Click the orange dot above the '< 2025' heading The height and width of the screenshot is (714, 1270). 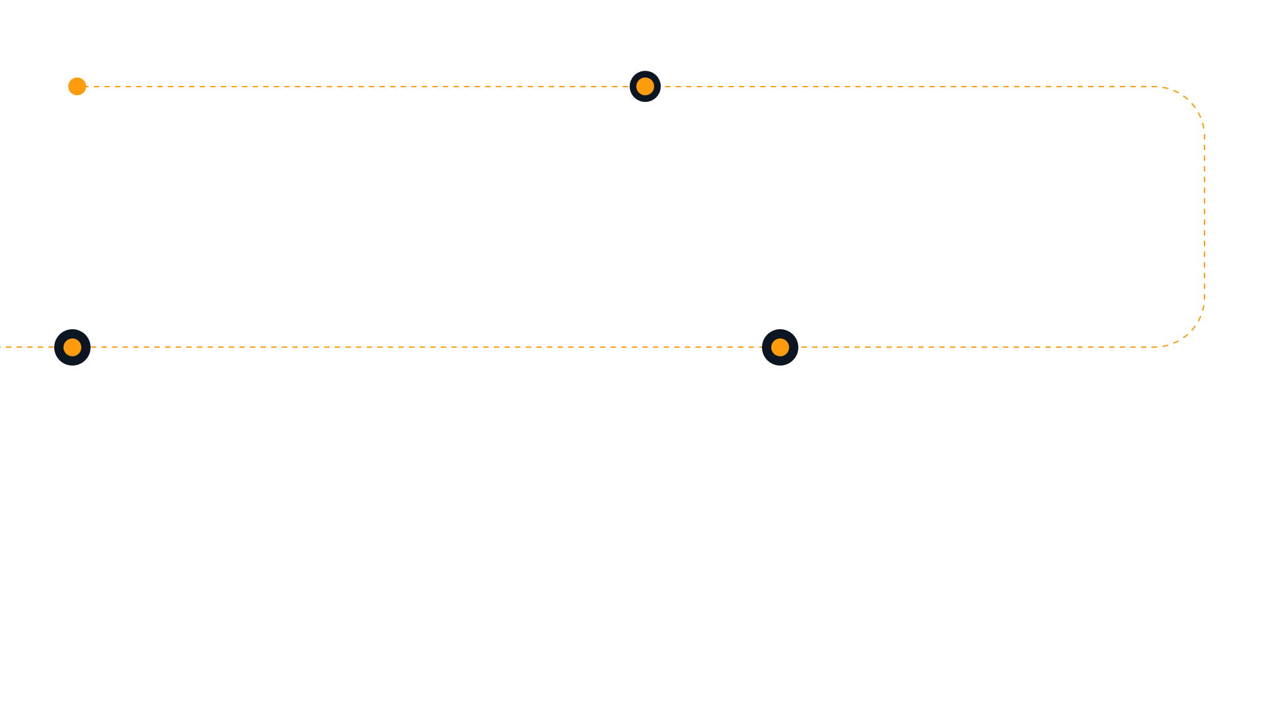pos(77,87)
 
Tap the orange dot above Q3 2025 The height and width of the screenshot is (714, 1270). pos(645,87)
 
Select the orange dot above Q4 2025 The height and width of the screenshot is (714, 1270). pos(780,347)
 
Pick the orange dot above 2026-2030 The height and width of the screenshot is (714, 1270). pos(72,347)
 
